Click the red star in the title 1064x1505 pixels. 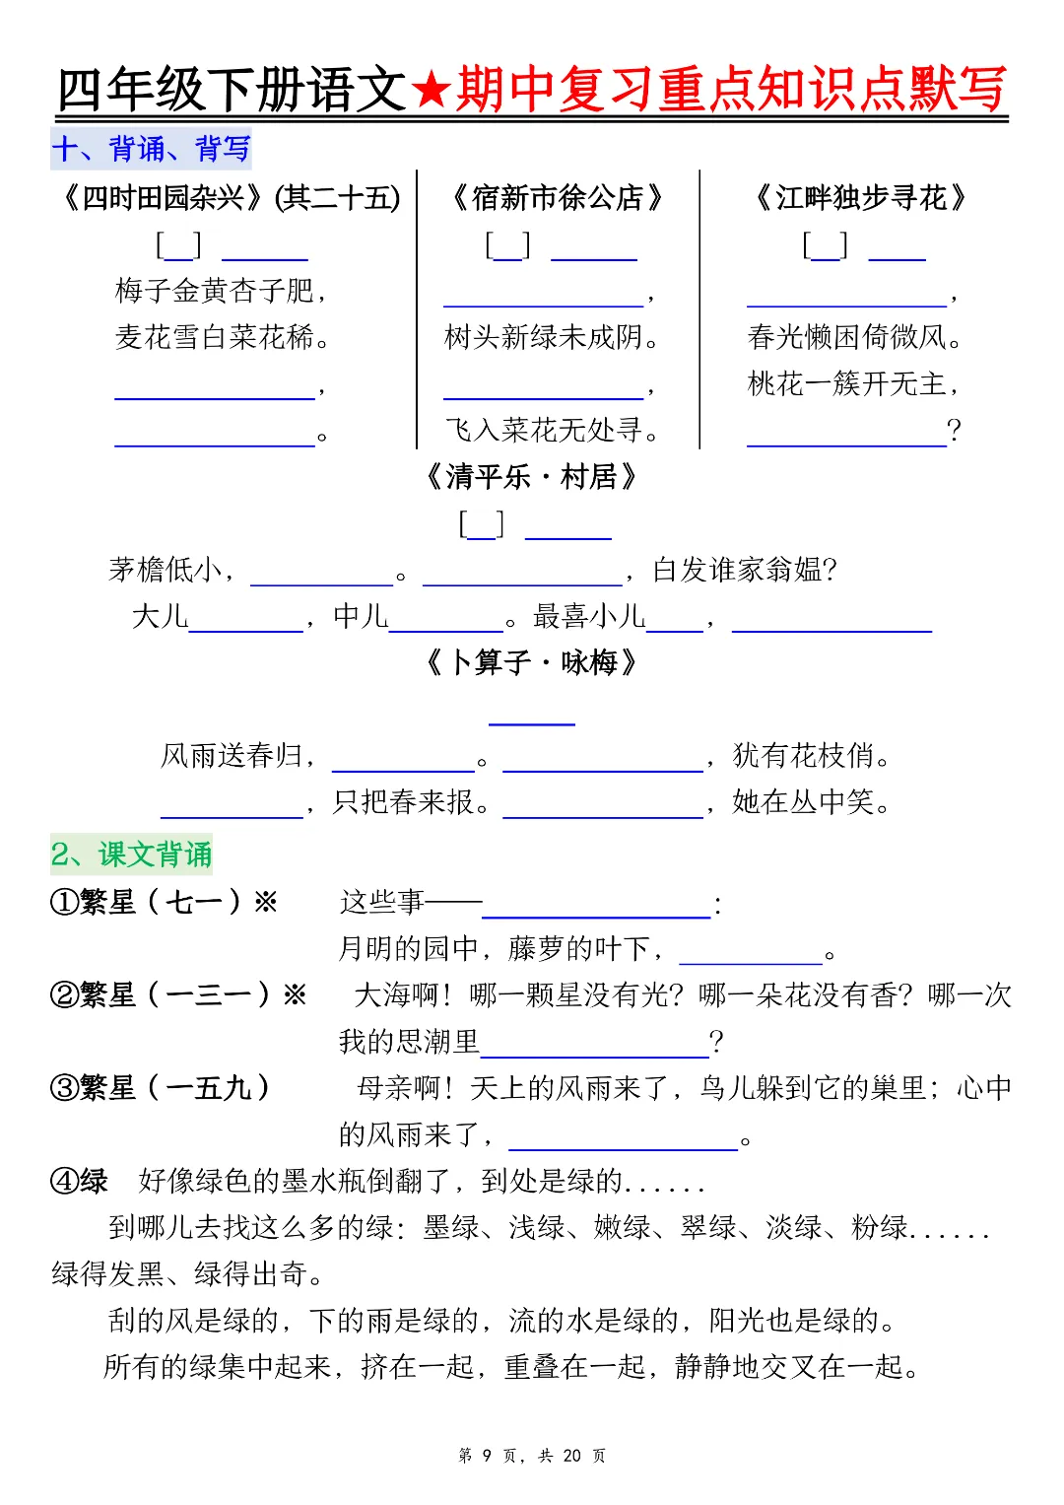[x=431, y=91]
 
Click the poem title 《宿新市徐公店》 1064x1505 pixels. [x=558, y=198]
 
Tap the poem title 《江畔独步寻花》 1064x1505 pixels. [x=860, y=198]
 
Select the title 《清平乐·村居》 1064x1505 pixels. [x=532, y=478]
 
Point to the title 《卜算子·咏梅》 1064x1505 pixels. [x=532, y=662]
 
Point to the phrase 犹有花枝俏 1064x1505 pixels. [x=804, y=756]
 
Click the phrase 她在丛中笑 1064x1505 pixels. [x=804, y=802]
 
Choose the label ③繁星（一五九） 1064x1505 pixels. [x=160, y=1088]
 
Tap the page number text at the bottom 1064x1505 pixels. [x=532, y=1456]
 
